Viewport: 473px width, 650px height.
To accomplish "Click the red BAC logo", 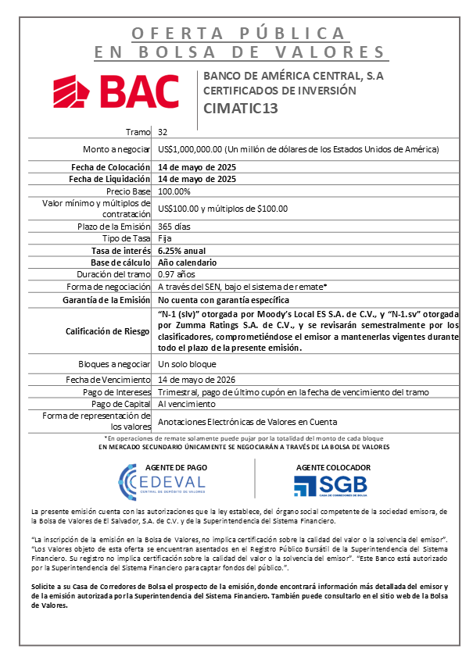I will (x=116, y=91).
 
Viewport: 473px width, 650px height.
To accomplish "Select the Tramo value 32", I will (x=162, y=132).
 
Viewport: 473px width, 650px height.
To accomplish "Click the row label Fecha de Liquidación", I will (x=110, y=179).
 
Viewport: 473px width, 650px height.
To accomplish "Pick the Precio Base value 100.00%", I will (x=174, y=191).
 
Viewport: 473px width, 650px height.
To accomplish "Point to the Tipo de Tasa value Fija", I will (x=164, y=237).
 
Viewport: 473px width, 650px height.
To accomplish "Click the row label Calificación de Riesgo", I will (x=108, y=330).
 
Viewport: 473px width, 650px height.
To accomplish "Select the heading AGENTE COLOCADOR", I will (x=332, y=467).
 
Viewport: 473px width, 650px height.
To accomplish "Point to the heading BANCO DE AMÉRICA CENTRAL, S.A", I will (x=293, y=76).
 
